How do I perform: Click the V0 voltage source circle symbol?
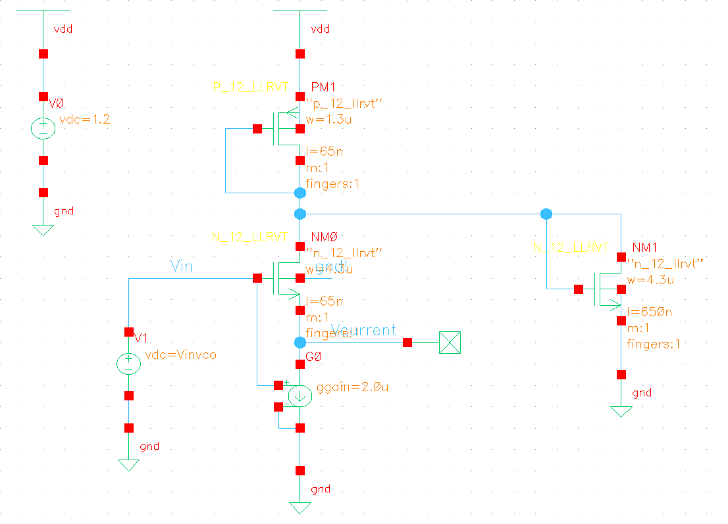click(x=43, y=128)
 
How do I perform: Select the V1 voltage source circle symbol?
click(x=128, y=364)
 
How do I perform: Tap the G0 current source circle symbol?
click(x=300, y=396)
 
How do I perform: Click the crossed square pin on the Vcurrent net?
click(x=450, y=343)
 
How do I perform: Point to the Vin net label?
click(x=182, y=265)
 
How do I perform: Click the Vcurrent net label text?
click(x=363, y=330)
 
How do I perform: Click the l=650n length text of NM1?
click(x=649, y=312)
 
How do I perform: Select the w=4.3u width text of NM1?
click(x=649, y=279)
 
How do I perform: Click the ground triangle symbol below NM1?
click(x=621, y=412)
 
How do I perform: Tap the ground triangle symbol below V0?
click(x=43, y=229)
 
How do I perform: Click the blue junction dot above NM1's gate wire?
click(x=546, y=214)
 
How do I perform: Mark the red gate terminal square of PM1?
click(x=257, y=129)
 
